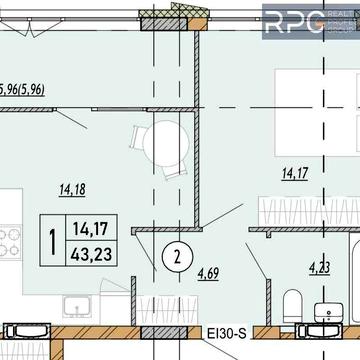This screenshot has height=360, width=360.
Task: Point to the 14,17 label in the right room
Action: click(x=295, y=176)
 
